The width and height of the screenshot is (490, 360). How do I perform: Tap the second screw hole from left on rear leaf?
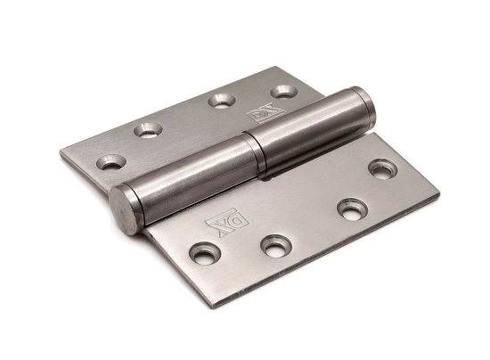coord(148,129)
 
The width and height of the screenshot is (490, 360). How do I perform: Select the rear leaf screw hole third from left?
coord(221,100)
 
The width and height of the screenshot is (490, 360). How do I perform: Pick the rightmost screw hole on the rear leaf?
coord(283,90)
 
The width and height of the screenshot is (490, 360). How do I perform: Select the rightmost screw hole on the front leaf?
coord(383,168)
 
